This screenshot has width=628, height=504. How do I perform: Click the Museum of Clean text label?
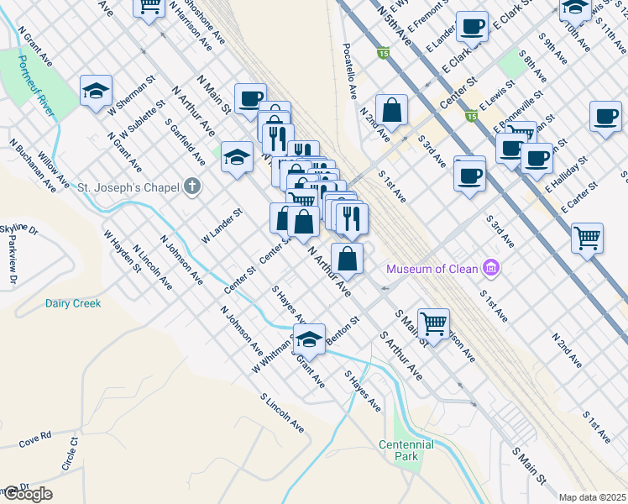(432, 269)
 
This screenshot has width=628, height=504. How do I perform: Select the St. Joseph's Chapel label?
(129, 186)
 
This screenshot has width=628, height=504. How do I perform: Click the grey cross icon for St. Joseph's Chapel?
(193, 186)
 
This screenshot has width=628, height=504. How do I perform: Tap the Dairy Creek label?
(73, 303)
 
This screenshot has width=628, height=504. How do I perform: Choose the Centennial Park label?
(406, 450)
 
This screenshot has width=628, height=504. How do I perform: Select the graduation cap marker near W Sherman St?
(97, 90)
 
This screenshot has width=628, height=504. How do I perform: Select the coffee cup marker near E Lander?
(472, 26)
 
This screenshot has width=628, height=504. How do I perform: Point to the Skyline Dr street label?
(19, 228)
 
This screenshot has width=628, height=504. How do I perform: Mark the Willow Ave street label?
(53, 171)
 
